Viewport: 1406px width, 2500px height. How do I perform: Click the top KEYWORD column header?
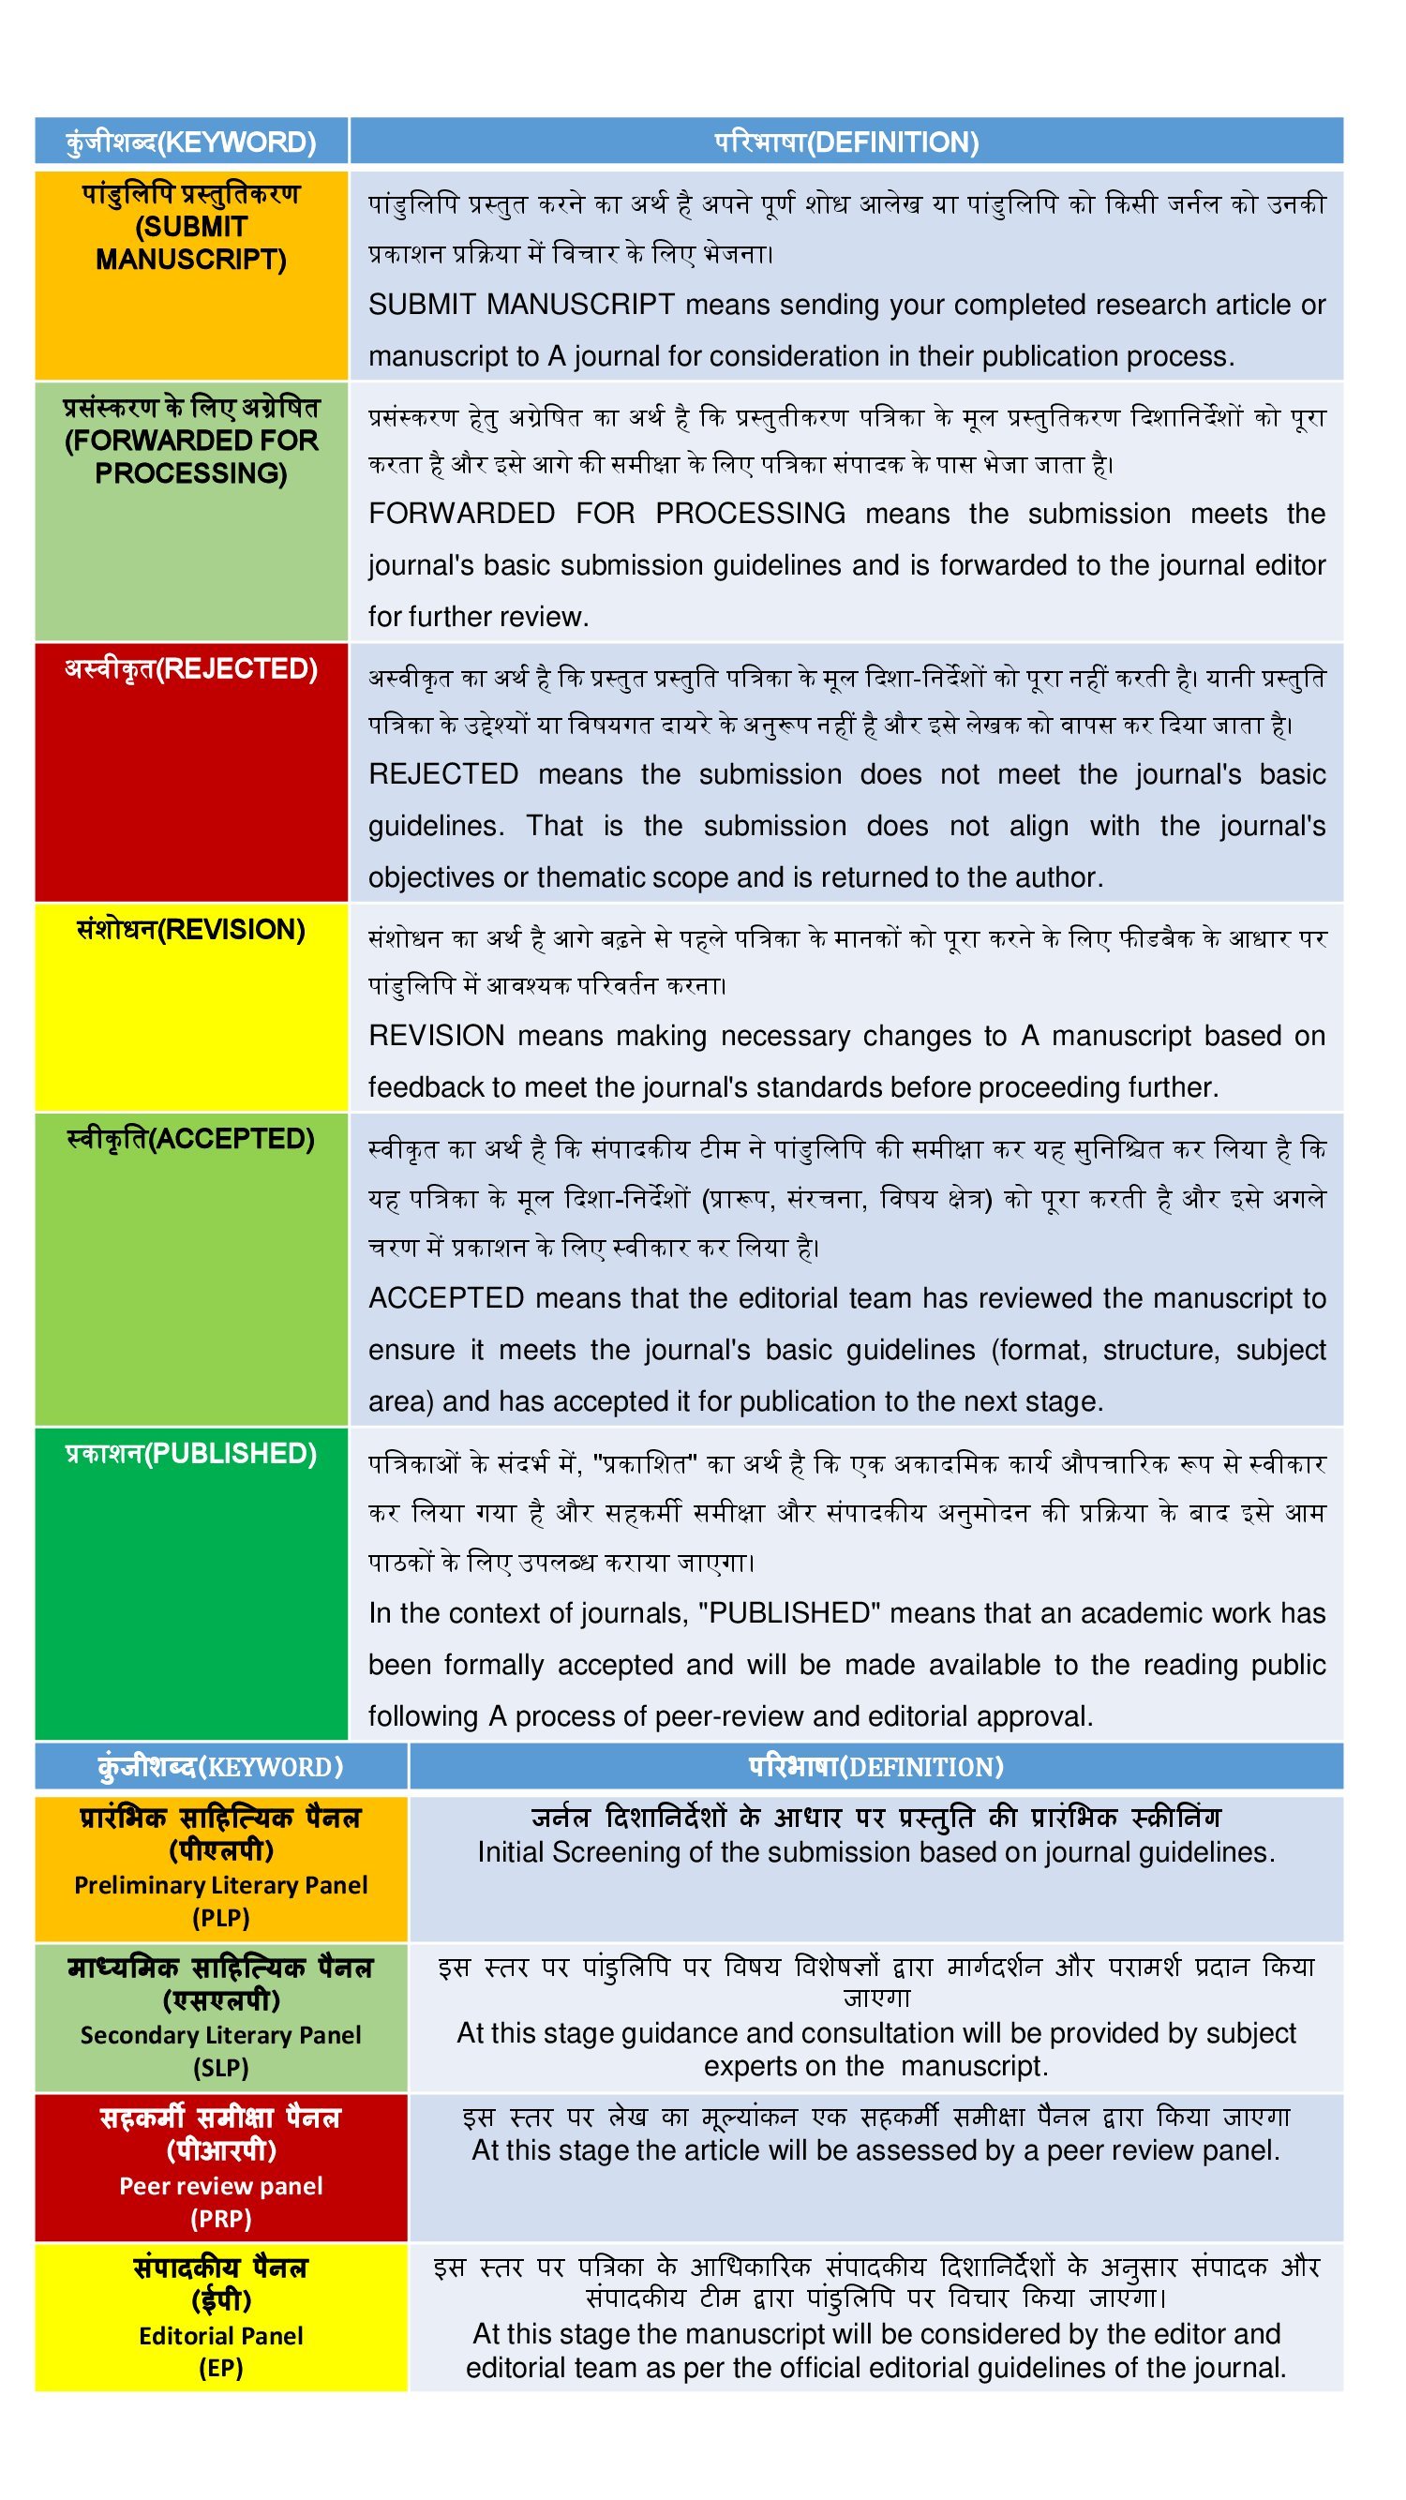pos(191,142)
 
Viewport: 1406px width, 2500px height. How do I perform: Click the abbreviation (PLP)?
pos(221,1918)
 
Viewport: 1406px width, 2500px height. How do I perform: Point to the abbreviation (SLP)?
pos(221,2068)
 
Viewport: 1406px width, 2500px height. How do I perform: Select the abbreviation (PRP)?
pos(221,2219)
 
